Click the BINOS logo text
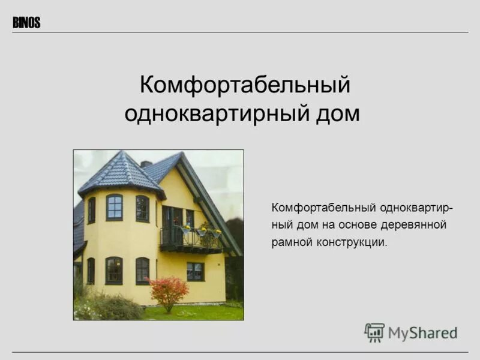point(26,23)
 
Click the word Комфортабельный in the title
point(244,85)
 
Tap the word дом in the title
point(337,113)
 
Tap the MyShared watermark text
point(422,332)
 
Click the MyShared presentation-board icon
point(374,332)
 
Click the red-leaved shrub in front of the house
point(169,291)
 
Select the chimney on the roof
point(146,164)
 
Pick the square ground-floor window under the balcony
point(195,271)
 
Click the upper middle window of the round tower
point(114,208)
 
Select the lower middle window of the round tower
point(114,271)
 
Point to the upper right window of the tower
point(142,208)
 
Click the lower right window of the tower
point(142,271)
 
